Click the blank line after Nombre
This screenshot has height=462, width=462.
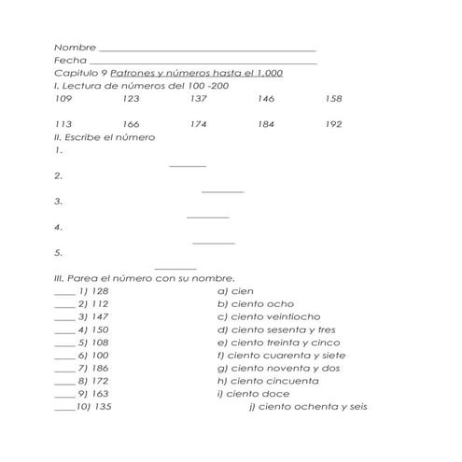coord(206,49)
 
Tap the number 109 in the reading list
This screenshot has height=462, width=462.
coord(63,98)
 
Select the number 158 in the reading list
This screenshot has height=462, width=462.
coord(333,98)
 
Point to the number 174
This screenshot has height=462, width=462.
coord(198,124)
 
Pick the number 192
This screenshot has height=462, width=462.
coord(333,124)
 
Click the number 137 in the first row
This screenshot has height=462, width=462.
coord(198,98)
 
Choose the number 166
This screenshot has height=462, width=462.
coord(131,124)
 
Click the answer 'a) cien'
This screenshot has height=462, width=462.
coord(235,291)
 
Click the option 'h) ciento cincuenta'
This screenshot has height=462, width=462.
coord(268,381)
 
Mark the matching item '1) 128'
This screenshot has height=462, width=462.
coord(93,291)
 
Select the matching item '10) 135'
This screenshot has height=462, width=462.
coord(93,408)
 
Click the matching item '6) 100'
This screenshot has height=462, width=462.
coord(93,356)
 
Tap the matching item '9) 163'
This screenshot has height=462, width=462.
coord(93,394)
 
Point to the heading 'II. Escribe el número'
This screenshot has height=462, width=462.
coord(105,137)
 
